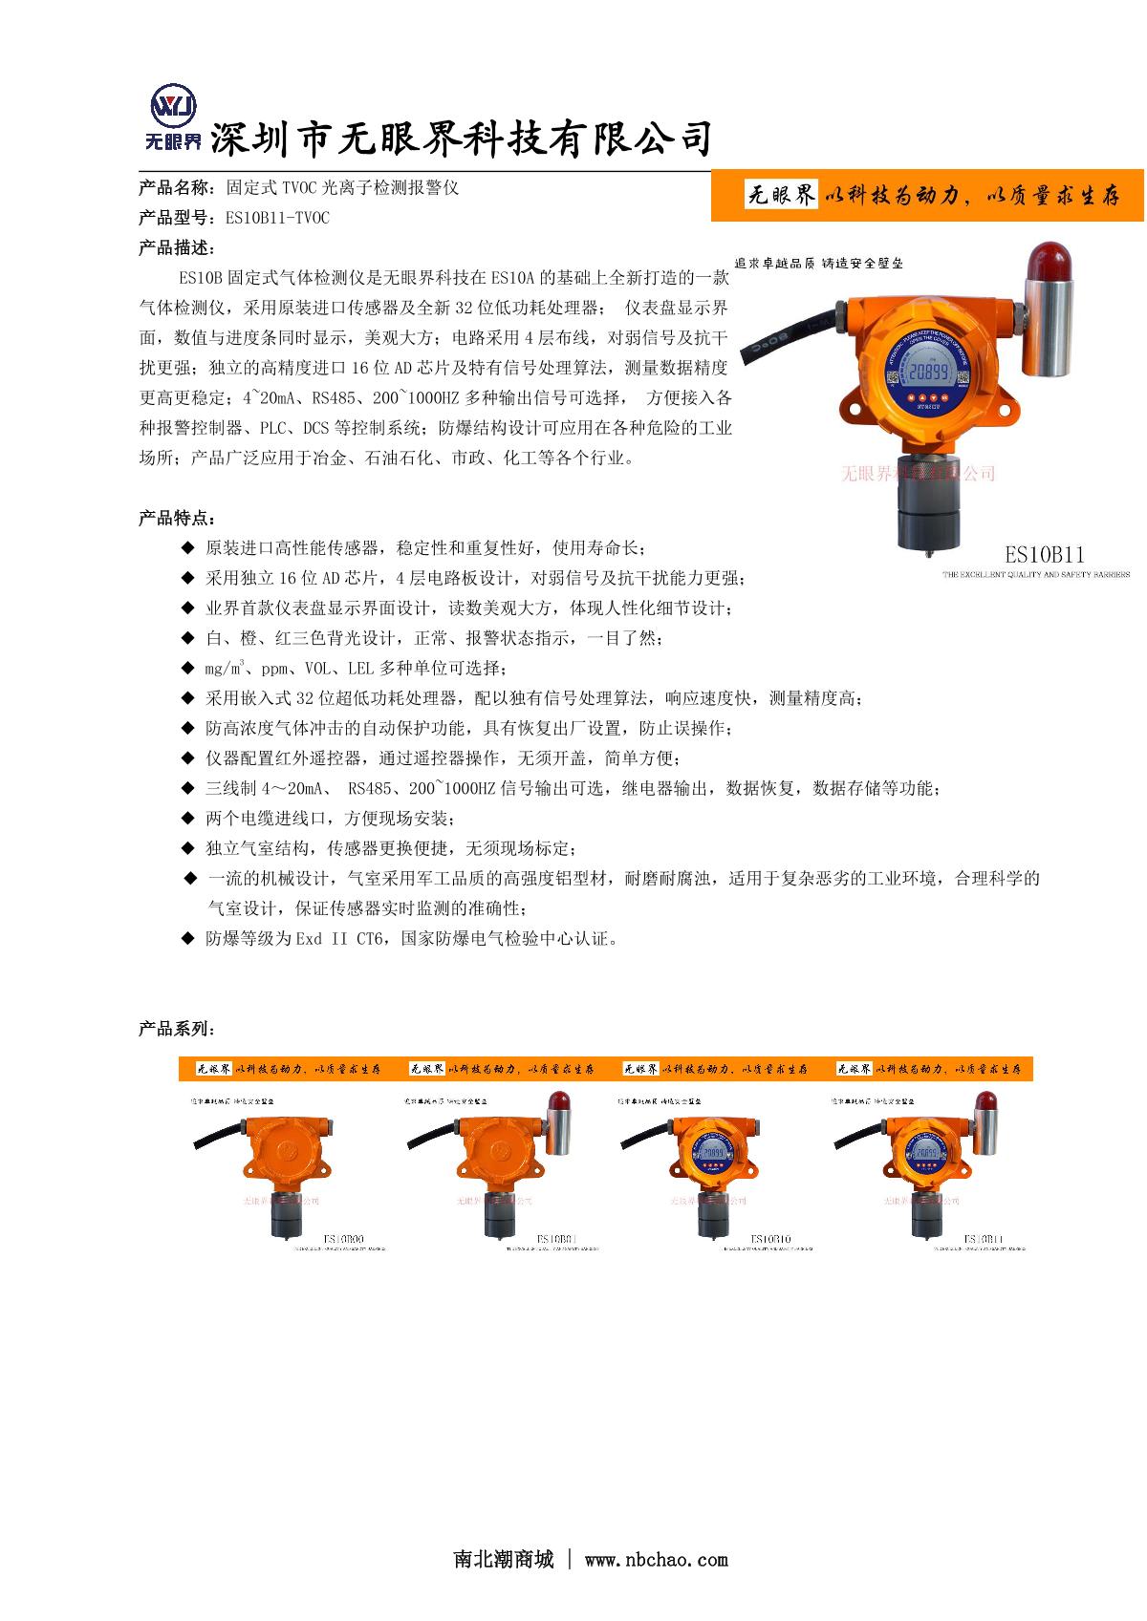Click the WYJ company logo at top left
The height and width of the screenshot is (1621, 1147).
coord(172,118)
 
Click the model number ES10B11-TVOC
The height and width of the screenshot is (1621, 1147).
coord(277,218)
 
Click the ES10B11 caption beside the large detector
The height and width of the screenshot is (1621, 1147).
coord(1044,554)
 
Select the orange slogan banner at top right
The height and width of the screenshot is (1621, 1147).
coord(928,196)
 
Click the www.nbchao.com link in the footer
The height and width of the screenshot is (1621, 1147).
coord(656,1560)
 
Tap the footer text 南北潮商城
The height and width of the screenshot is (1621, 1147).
coord(504,1560)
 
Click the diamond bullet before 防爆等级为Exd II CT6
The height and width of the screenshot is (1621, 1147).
coord(187,939)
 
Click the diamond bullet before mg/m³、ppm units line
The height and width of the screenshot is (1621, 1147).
coord(187,669)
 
